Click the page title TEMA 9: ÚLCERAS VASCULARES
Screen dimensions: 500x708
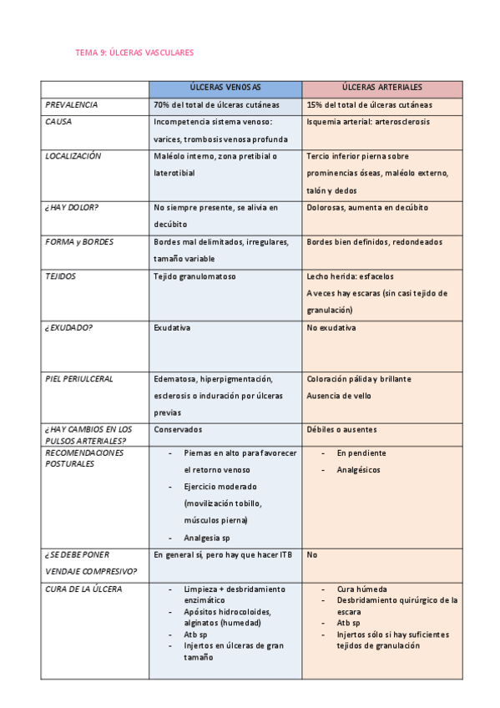[134, 52]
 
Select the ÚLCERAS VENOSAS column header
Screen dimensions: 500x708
[225, 87]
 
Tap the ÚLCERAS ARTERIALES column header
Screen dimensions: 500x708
[381, 87]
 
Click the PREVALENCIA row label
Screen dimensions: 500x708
[71, 105]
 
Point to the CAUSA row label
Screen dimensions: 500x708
[58, 121]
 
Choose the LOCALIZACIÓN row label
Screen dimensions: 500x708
[73, 156]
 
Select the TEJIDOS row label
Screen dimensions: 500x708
[61, 276]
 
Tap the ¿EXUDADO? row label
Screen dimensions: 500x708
[69, 327]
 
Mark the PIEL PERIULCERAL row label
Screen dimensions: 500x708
[79, 378]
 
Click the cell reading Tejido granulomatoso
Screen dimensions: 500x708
[194, 276]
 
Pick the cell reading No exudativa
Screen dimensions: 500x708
[331, 327]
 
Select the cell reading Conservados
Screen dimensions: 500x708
[178, 429]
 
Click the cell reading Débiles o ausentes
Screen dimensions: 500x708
[341, 429]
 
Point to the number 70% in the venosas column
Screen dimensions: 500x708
[162, 105]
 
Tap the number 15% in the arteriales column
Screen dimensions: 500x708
[315, 105]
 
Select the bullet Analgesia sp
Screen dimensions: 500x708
[207, 539]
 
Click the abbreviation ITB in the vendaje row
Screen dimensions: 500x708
[285, 554]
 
